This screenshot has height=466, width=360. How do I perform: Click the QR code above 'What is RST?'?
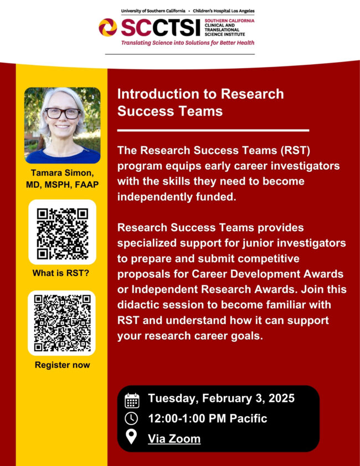tap(62, 233)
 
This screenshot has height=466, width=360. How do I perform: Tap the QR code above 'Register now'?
tap(62, 323)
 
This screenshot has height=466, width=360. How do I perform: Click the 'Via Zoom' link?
tap(174, 439)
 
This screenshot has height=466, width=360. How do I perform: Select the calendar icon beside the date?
tap(132, 400)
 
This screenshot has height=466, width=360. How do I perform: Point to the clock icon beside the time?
tap(132, 419)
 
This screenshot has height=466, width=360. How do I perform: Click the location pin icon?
tap(132, 438)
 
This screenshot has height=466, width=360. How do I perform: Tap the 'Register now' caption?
tap(62, 365)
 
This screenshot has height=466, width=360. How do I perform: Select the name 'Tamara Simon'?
tap(62, 174)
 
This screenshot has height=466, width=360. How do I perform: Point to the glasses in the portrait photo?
tap(63, 113)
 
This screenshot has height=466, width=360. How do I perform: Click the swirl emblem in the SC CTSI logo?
tap(107, 28)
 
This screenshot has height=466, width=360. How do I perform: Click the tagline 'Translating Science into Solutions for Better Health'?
tap(180, 43)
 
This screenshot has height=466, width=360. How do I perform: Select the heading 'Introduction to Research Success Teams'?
tap(200, 103)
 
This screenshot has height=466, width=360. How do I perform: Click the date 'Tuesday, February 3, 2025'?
tap(221, 398)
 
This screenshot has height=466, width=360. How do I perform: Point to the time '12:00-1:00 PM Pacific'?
tap(207, 418)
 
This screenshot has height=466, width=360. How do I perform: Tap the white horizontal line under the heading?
tap(213, 131)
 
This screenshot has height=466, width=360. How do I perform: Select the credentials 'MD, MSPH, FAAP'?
tap(62, 185)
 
